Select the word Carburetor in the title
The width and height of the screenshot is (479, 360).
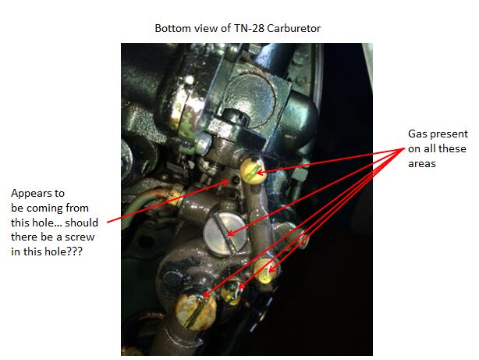click(293, 28)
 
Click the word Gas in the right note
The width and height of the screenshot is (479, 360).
click(417, 134)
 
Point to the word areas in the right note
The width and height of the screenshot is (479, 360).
click(422, 164)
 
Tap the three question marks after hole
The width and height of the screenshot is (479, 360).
click(75, 251)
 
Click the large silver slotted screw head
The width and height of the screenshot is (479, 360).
click(225, 234)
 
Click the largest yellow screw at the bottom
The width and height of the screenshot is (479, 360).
click(196, 312)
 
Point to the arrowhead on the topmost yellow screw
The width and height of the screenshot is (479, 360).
click(260, 173)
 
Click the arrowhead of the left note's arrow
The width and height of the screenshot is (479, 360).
click(226, 181)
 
